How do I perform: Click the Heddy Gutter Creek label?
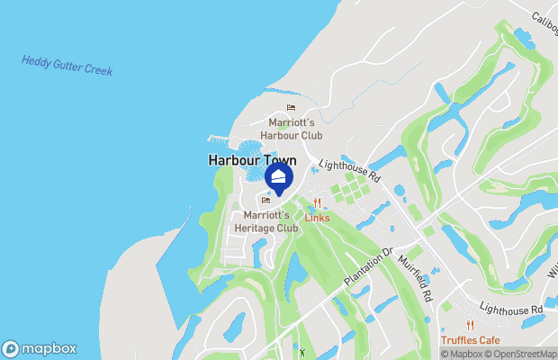[x=67, y=66]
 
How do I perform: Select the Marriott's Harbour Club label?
[x=291, y=129]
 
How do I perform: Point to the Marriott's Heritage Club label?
[x=265, y=221]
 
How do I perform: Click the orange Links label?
[x=317, y=218]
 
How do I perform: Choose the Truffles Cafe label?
[x=470, y=339]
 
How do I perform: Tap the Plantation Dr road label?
[x=370, y=266]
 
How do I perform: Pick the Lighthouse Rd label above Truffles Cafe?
[x=511, y=308]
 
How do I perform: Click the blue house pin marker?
[x=279, y=176]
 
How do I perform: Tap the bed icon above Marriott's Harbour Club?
[x=291, y=108]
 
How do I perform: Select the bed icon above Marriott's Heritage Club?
[x=265, y=201]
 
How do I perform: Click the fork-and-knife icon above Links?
[x=317, y=202]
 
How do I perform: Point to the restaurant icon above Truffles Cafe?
[x=470, y=325]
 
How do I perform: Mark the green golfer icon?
[x=303, y=351]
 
